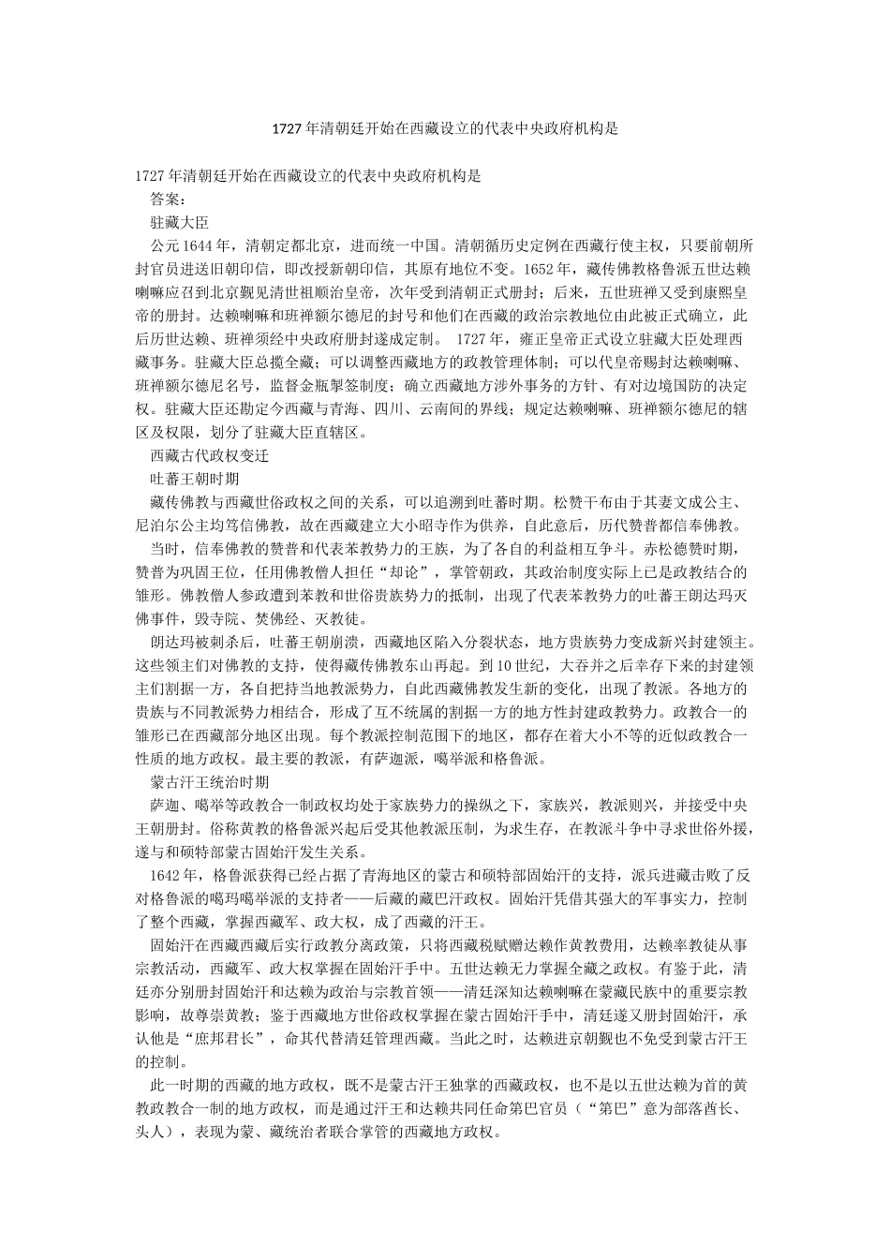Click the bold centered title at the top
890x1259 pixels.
coord(445,129)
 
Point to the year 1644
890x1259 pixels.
coord(199,246)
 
